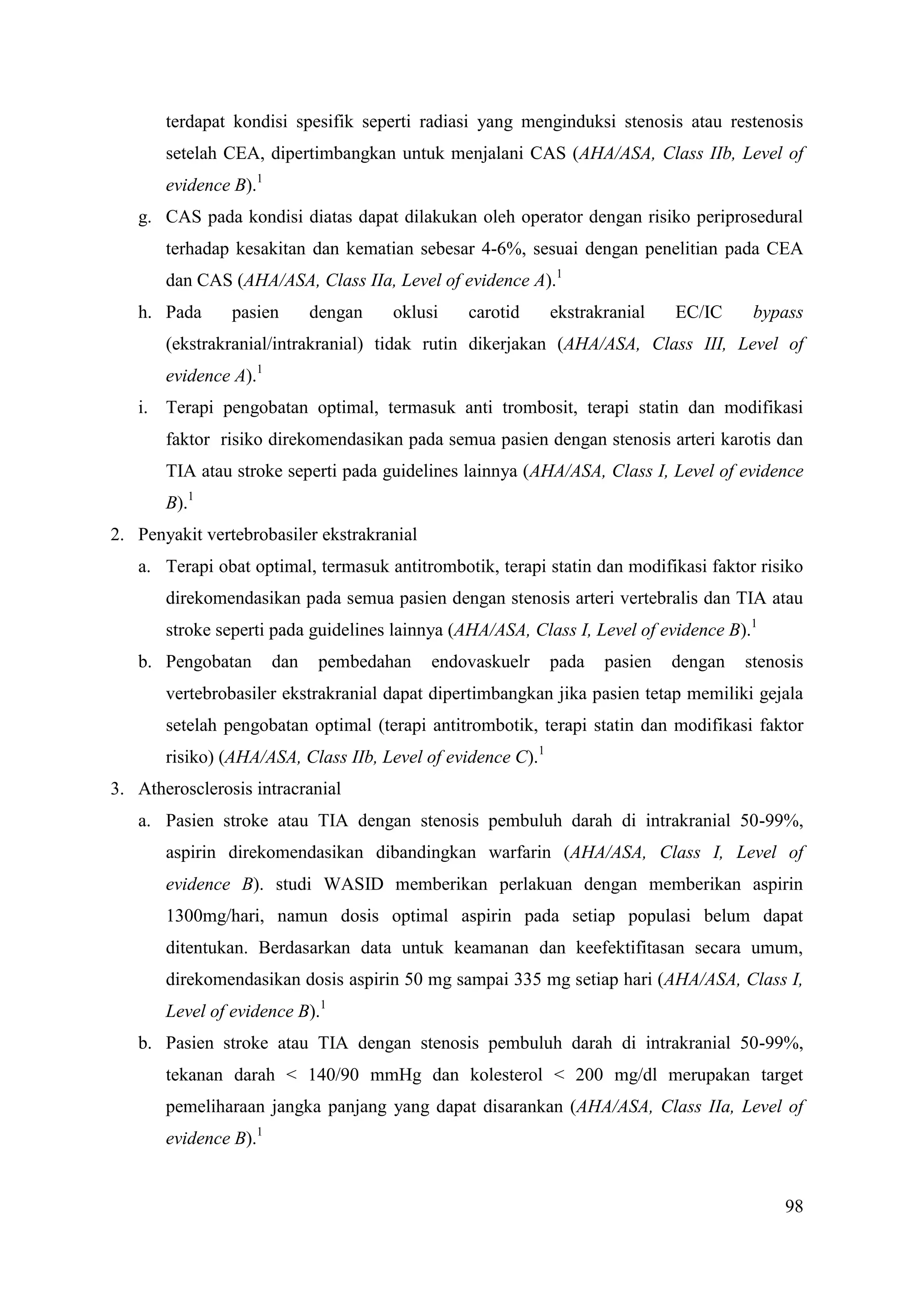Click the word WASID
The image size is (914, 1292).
pos(353,885)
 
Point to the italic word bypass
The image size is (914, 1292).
pos(778,313)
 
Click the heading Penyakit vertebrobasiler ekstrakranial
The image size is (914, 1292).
pos(278,534)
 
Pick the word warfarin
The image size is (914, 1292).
pos(519,853)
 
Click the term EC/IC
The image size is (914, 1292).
pos(698,313)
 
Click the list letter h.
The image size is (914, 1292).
pos(145,313)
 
